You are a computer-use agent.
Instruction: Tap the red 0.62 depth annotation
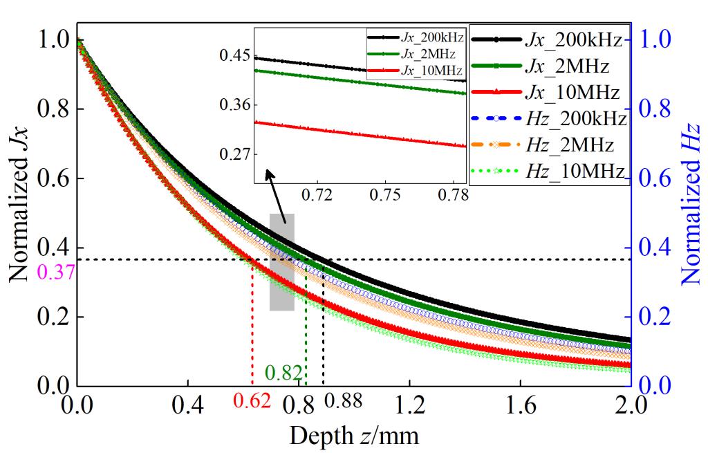(x=250, y=400)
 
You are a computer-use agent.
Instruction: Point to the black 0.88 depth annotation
(x=343, y=400)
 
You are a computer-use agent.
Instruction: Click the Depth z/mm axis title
(x=353, y=436)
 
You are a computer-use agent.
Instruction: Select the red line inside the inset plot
(x=360, y=133)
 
